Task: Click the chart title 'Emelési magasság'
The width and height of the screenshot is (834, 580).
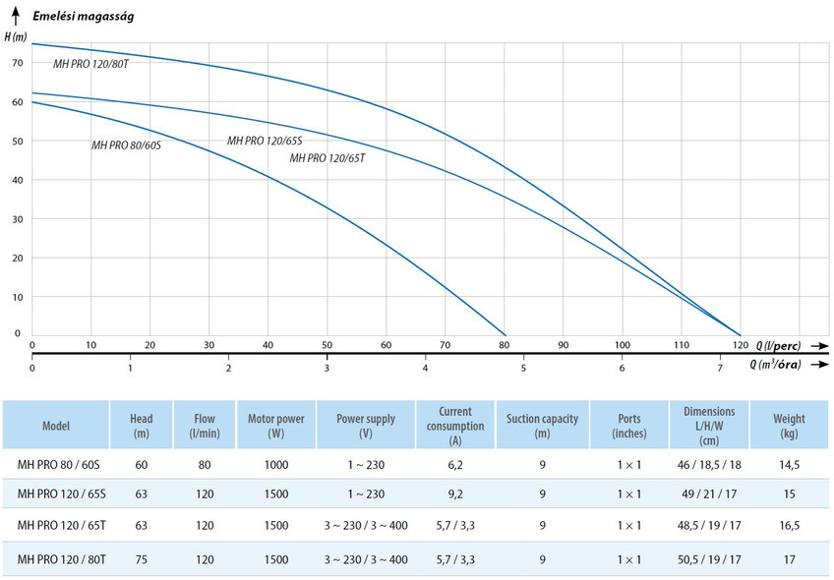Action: point(83,16)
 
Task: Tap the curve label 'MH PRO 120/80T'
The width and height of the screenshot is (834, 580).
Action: point(90,64)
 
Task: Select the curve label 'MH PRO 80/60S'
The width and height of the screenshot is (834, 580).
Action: point(126,145)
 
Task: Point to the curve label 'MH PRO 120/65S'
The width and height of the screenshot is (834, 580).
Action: point(265,141)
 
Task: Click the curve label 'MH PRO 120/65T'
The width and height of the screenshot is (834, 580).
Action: point(328,158)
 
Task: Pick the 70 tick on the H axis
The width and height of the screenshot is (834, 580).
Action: point(18,63)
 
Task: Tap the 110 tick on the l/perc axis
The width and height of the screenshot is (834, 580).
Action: point(682,345)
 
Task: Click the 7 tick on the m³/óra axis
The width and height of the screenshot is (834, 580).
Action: point(720,368)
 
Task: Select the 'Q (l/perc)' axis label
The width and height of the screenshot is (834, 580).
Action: point(778,346)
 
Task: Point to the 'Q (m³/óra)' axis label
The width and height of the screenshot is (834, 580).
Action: point(776,364)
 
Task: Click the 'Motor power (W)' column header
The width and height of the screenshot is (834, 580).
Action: point(276,426)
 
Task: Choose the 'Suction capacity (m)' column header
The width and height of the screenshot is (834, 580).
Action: point(542,426)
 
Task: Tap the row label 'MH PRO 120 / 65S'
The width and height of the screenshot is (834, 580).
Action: point(62,493)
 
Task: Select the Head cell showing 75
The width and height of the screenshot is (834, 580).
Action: point(141,559)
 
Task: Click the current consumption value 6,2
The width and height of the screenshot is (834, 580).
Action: point(455,465)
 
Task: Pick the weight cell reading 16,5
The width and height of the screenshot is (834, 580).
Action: point(790,525)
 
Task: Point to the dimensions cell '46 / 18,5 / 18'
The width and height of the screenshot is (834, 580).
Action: point(709,465)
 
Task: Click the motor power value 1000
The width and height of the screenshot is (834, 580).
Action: point(276,465)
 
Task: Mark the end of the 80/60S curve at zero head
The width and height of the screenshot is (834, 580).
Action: point(505,336)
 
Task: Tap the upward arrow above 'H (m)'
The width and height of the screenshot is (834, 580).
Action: point(16,16)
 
